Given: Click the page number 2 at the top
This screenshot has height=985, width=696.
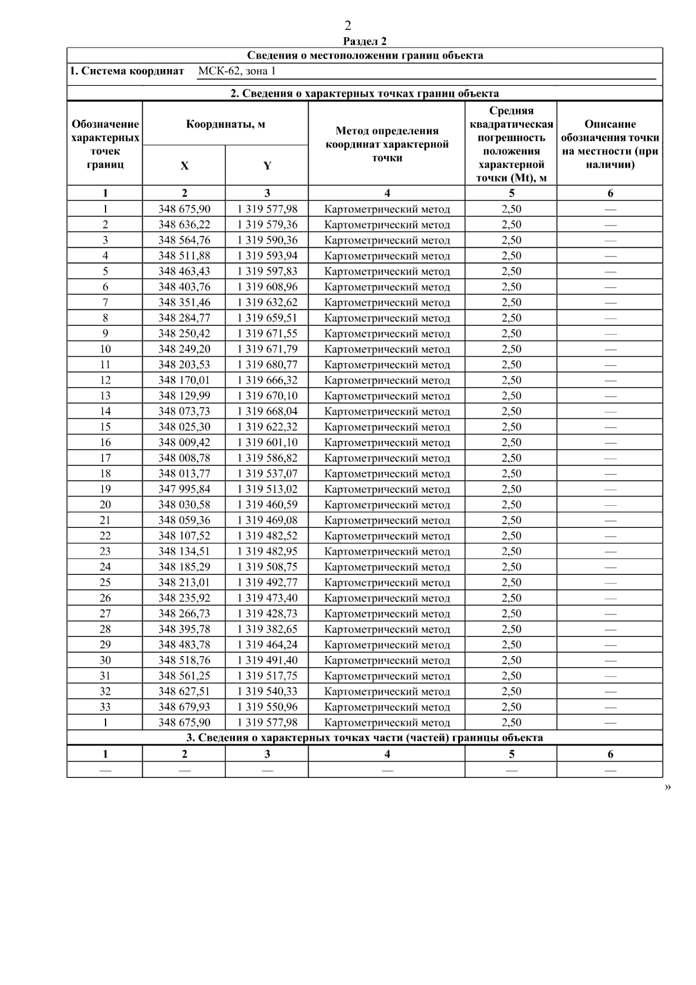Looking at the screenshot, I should click(x=347, y=26).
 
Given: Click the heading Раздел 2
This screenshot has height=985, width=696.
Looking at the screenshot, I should click(x=365, y=41).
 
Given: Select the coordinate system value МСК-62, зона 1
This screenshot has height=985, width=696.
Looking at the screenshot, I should click(x=237, y=71).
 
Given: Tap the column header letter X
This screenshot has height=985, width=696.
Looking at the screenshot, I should click(x=184, y=166).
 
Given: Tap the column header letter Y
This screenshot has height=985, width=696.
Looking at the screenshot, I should click(x=267, y=166).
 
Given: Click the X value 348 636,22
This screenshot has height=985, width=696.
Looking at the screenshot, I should click(x=184, y=224).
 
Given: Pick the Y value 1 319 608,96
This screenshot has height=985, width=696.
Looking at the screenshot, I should click(x=267, y=287).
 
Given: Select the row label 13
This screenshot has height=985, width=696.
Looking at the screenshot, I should click(x=105, y=396).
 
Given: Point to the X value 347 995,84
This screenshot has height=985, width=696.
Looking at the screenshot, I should click(x=184, y=489).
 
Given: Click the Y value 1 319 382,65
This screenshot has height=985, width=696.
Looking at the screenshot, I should click(x=267, y=629).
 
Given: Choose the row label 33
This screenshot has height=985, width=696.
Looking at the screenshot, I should click(x=105, y=707).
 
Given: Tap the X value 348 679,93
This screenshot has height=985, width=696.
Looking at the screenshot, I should click(x=184, y=707).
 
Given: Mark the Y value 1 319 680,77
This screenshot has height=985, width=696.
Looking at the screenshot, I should click(x=267, y=364).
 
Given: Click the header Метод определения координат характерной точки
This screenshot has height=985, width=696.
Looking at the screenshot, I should click(x=387, y=144).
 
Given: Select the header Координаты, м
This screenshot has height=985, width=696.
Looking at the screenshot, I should click(x=225, y=124).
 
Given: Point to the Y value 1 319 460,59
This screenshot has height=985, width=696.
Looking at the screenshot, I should click(x=267, y=505).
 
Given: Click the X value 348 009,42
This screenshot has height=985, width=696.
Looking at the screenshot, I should click(x=184, y=442).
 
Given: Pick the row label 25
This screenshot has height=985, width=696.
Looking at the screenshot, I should click(x=105, y=582).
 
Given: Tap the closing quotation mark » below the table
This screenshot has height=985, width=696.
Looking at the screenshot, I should click(x=668, y=787).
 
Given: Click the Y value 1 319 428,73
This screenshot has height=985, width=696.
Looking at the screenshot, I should click(x=267, y=613).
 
